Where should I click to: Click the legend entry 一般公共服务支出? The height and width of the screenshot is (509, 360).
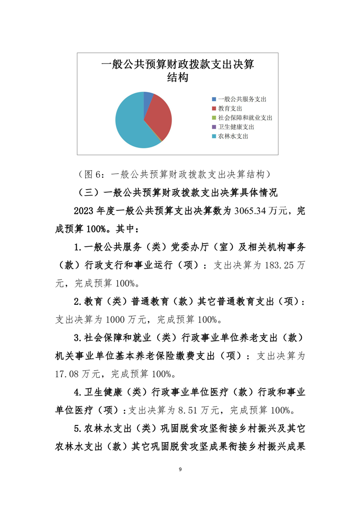tap(242, 99)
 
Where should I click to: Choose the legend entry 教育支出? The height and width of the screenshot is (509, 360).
tap(230, 108)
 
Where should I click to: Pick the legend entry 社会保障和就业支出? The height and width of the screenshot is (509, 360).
tap(245, 117)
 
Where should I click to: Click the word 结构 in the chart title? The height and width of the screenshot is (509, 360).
tap(178, 78)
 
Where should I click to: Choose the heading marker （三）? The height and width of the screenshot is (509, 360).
tap(90, 192)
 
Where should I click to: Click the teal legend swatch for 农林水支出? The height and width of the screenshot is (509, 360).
tap(214, 136)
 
